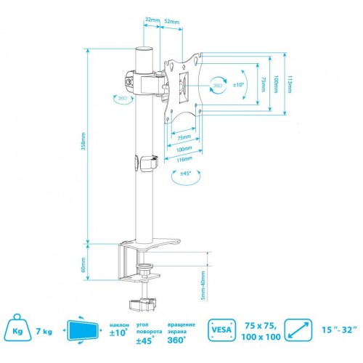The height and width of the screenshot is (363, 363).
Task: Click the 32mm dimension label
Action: click(151, 20)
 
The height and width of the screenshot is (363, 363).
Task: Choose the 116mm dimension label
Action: click(186, 158)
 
